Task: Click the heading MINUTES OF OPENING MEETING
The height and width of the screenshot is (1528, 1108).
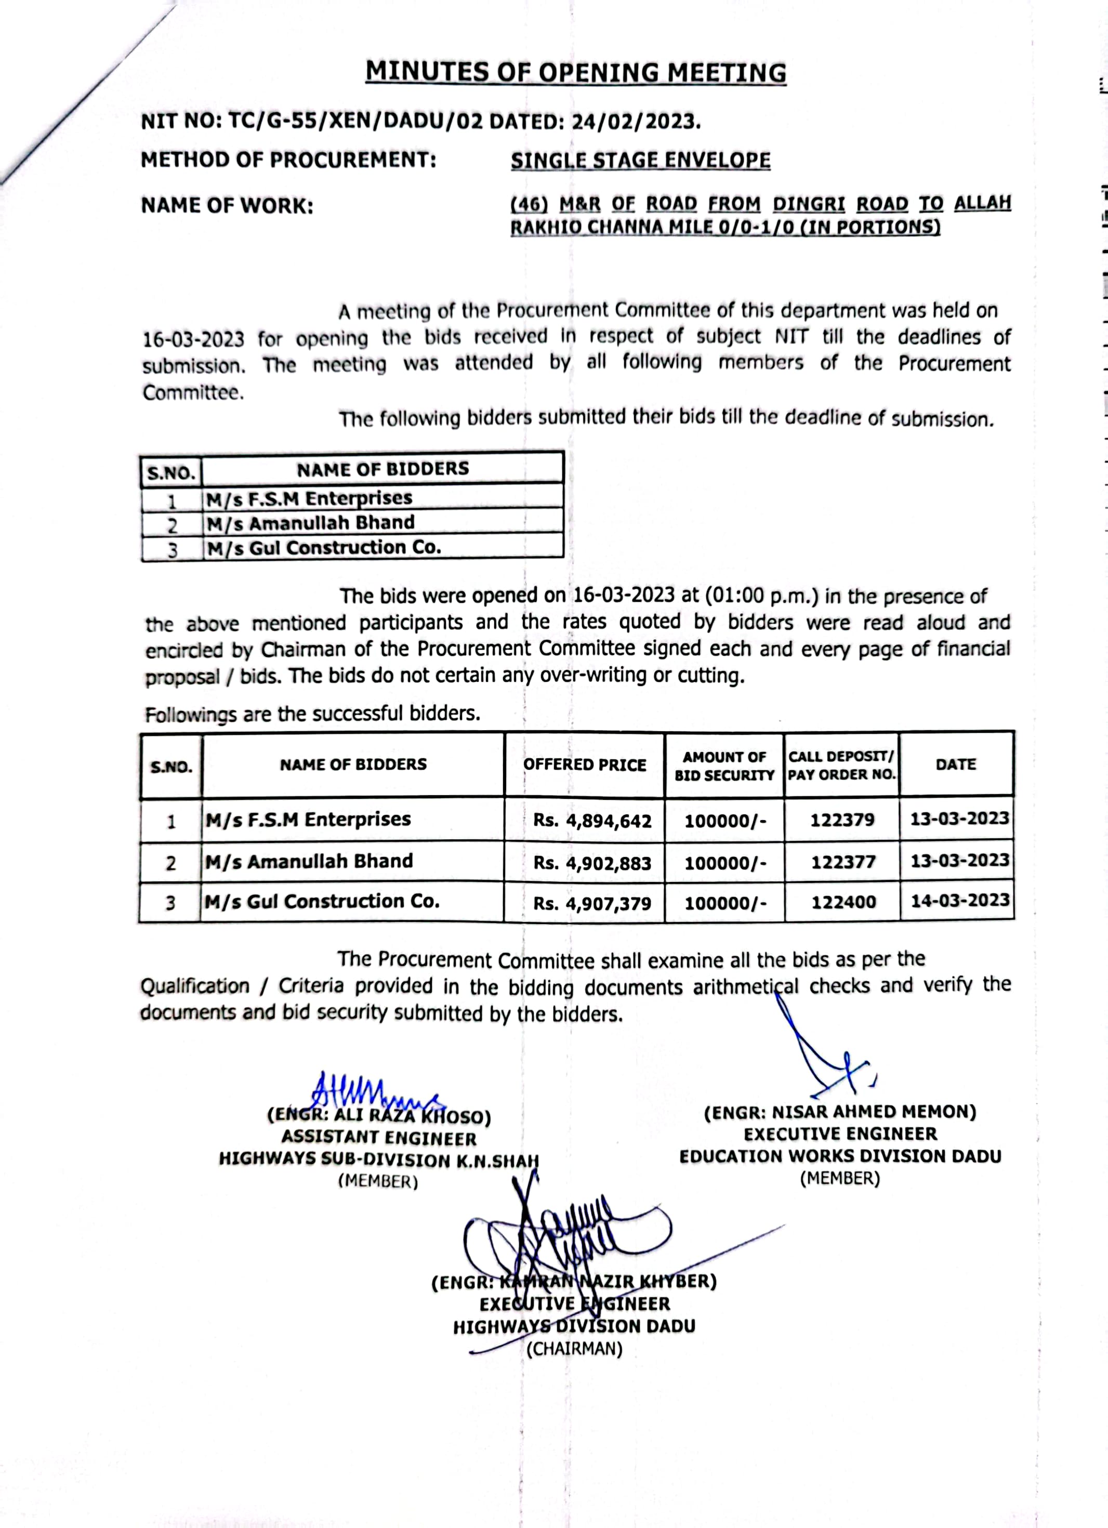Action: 575,72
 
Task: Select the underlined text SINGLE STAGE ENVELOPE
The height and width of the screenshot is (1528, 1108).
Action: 640,161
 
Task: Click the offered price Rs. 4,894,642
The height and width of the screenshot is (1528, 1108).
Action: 592,821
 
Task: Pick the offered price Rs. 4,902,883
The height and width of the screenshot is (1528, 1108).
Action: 592,863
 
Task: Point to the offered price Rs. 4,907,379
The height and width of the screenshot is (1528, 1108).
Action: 592,903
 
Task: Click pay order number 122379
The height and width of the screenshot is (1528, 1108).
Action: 842,820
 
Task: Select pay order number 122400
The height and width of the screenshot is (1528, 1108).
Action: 843,903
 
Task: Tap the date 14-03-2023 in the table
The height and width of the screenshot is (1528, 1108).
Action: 960,901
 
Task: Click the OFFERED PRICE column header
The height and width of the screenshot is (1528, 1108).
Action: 585,765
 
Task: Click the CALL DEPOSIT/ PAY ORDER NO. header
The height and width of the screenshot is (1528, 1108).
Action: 841,766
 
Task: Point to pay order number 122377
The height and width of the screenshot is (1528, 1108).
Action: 842,862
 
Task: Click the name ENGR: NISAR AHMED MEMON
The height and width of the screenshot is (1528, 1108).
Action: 840,1112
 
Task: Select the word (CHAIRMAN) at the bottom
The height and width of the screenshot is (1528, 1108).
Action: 575,1349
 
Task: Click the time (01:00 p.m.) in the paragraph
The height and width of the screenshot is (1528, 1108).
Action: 761,596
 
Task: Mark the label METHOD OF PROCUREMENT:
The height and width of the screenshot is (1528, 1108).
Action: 288,161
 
